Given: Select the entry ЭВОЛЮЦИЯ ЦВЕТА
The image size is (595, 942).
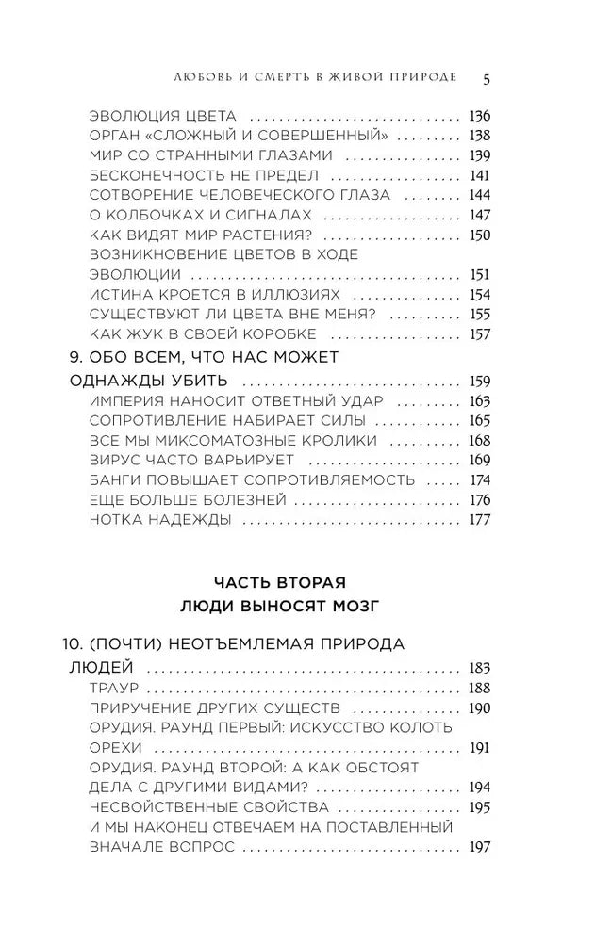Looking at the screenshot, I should coord(162,117).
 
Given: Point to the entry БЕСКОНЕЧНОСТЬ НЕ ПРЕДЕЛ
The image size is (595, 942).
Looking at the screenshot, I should coord(204,175).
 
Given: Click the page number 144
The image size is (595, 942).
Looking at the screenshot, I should coord(480,195).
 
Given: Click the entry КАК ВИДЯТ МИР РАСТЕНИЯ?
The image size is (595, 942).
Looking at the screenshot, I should coord(201,235).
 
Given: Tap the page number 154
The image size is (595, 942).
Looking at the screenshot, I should coord(480,294).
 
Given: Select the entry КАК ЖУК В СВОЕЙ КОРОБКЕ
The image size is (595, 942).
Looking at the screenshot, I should coord(202,333).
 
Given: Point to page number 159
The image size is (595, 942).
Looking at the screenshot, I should coord(480,382).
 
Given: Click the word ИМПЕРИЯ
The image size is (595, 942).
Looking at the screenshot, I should coord(124,401).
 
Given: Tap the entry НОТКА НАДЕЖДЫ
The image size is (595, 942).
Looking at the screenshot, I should coord(159,519).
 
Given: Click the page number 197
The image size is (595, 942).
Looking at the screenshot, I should coord(480,847).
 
